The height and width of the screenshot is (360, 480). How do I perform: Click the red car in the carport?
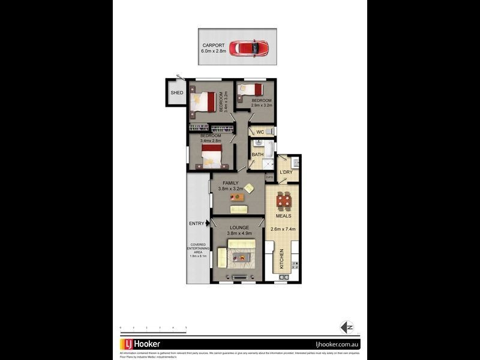point(249,48)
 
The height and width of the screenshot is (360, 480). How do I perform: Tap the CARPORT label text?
point(214,45)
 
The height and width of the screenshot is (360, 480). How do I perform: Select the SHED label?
point(176,93)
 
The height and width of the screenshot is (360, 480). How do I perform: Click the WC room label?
point(260,132)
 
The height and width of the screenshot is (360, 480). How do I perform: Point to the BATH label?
point(257,154)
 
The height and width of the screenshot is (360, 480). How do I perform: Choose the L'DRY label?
point(286,173)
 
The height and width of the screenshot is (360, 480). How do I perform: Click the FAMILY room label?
point(230,183)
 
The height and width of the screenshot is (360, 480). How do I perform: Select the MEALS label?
point(284,216)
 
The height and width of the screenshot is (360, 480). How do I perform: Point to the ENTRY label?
point(197,224)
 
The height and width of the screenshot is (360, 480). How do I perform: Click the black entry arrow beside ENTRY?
point(208,224)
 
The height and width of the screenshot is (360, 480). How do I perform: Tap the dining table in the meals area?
point(284,200)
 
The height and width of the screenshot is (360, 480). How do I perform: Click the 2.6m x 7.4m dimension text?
point(284,229)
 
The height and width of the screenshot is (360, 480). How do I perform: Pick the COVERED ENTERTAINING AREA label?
point(198,250)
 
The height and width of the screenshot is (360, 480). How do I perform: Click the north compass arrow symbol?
point(347,327)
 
